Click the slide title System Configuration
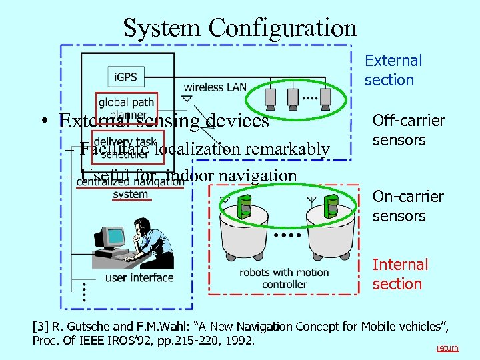tap(240, 28)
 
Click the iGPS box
tap(125, 77)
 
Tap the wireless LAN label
tap(215, 87)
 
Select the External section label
tap(393, 70)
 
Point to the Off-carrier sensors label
tap(408, 130)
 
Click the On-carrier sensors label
tap(408, 206)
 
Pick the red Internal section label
tap(400, 274)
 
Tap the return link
tap(447, 348)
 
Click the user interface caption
tap(139, 277)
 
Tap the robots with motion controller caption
tap(284, 278)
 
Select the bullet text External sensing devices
tap(164, 121)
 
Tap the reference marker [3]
tap(41, 327)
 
